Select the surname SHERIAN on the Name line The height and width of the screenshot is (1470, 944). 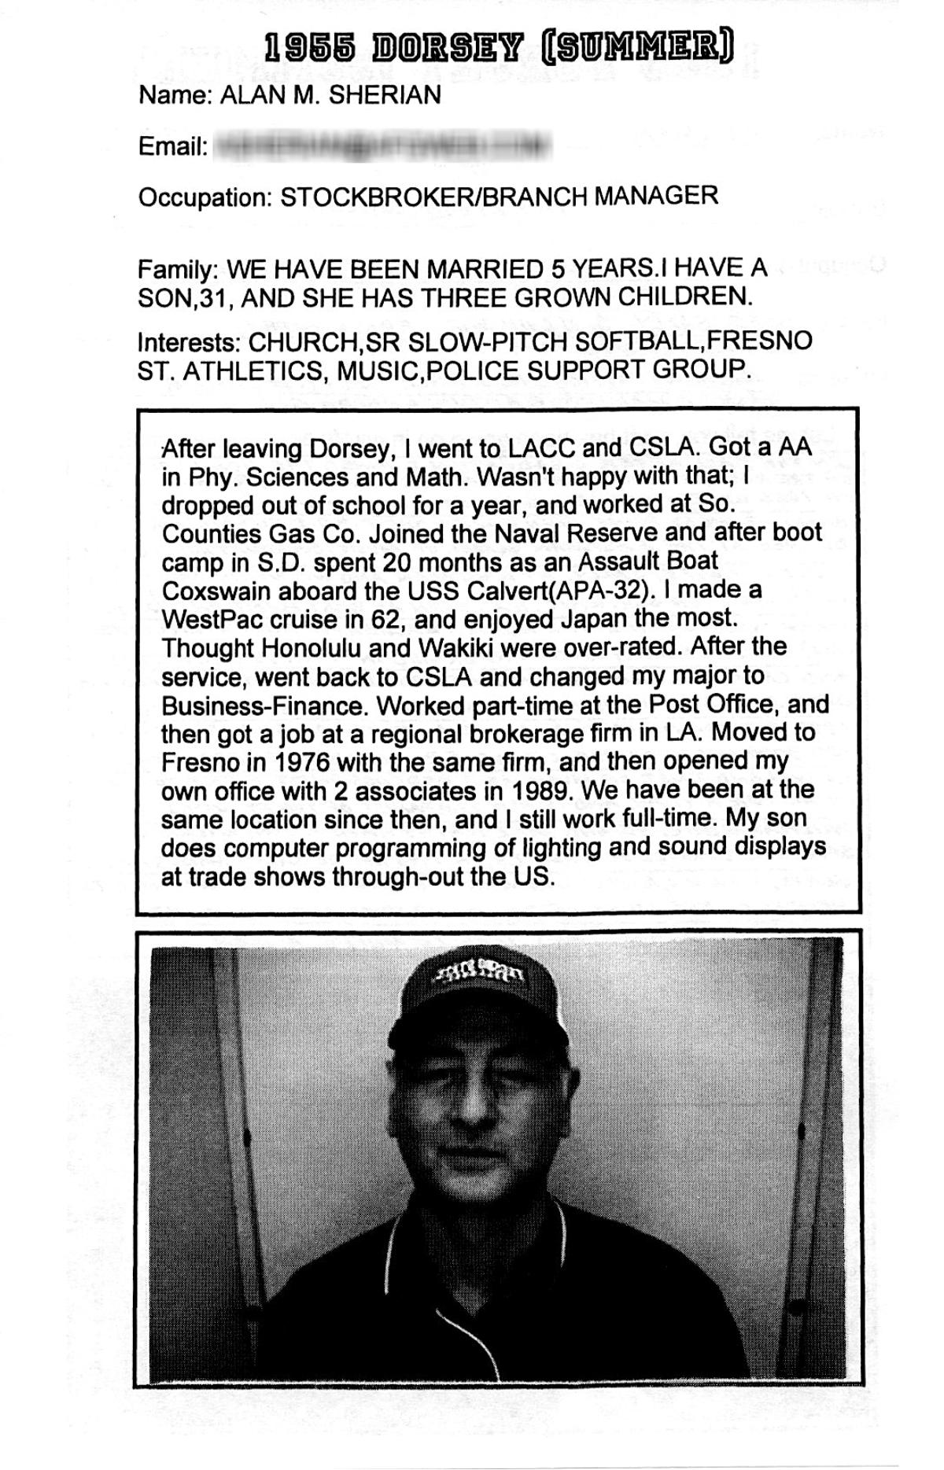(x=385, y=96)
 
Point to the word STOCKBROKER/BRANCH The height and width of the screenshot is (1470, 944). (x=433, y=196)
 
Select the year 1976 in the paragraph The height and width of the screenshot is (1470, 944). (x=302, y=761)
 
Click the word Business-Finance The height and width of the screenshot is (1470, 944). (x=264, y=705)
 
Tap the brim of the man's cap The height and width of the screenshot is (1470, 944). (x=478, y=1030)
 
